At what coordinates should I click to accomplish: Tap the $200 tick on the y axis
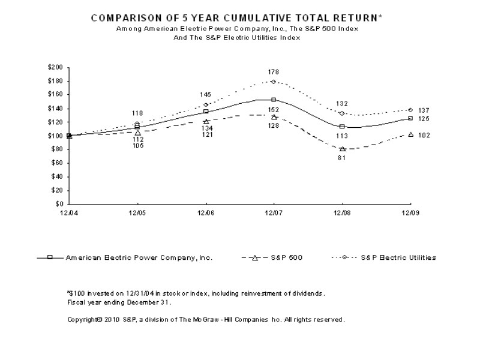(56, 67)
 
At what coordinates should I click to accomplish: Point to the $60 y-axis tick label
(57, 163)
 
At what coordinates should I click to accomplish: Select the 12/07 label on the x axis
(274, 212)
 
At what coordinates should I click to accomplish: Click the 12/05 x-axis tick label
(137, 212)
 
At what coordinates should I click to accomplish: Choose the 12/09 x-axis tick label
(410, 212)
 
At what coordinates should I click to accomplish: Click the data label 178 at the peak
(274, 72)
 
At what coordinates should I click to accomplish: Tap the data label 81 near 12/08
(342, 158)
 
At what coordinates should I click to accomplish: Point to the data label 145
(206, 95)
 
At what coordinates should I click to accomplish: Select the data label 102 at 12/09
(424, 136)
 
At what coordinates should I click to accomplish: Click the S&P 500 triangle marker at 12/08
(342, 149)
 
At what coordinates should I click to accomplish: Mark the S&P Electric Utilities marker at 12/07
(274, 82)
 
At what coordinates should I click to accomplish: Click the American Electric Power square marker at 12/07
(274, 100)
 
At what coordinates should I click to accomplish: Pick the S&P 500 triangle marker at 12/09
(410, 134)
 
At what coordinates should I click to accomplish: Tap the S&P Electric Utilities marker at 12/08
(342, 113)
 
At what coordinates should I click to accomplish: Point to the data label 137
(424, 110)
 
